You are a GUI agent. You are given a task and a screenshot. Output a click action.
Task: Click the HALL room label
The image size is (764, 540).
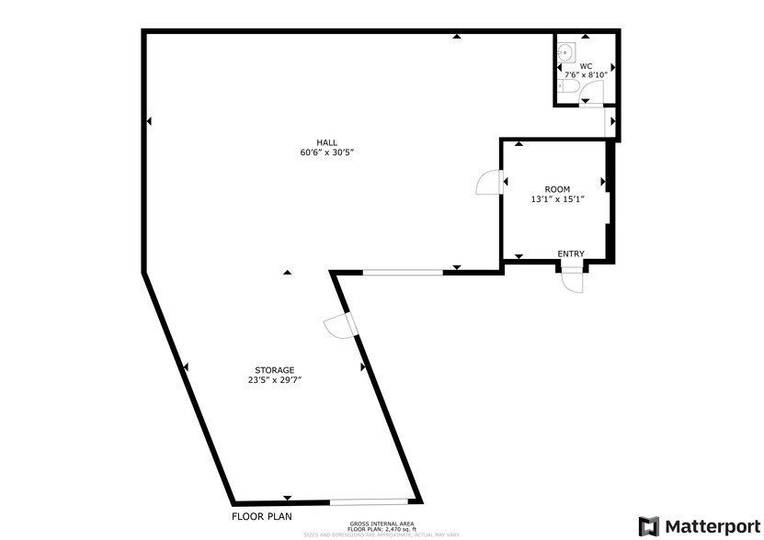326,142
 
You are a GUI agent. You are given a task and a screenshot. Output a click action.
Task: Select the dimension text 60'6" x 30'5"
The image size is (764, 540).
326,152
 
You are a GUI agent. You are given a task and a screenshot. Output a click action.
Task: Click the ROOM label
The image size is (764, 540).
557,189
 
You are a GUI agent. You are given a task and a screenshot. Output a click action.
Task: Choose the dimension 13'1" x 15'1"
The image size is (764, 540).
557,199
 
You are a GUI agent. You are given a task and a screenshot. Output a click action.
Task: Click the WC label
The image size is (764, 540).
586,66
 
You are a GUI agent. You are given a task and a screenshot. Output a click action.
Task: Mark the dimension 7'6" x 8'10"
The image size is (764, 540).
586,74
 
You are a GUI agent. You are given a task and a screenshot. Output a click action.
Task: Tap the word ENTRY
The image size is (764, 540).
570,254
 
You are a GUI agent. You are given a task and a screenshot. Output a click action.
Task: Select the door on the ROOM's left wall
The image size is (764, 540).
487,185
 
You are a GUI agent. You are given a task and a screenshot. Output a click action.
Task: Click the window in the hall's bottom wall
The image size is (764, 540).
403,271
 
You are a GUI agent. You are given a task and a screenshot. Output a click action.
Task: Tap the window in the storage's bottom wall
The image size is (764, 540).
369,501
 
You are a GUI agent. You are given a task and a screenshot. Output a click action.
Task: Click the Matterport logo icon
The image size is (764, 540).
649,525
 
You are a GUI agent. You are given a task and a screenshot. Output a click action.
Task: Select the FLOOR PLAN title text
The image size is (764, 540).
262,516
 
